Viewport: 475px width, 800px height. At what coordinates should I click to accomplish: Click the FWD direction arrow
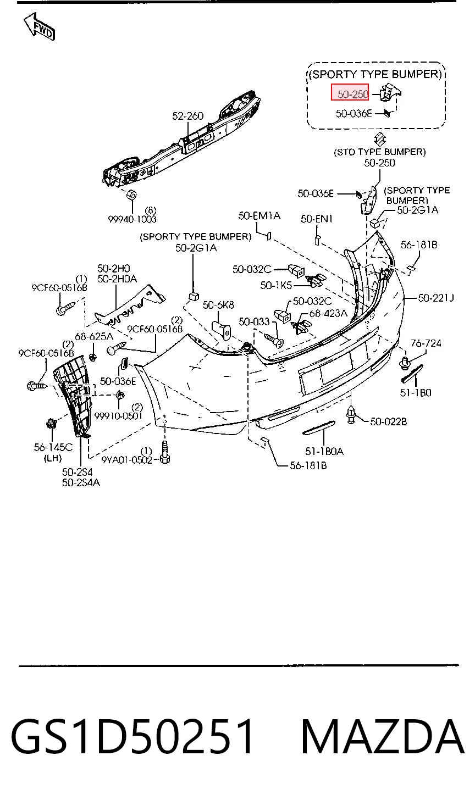(x=40, y=27)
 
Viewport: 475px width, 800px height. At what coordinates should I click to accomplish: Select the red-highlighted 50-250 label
(x=350, y=92)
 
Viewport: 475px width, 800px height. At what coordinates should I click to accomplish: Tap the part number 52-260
(x=187, y=116)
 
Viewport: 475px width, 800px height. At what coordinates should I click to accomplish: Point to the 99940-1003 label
(x=132, y=219)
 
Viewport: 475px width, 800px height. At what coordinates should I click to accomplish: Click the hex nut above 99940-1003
(x=131, y=195)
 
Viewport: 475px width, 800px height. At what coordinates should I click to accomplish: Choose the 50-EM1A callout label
(x=259, y=216)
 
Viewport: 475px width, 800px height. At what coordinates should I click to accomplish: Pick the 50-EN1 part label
(x=317, y=219)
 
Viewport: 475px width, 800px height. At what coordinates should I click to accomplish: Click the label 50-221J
(x=435, y=298)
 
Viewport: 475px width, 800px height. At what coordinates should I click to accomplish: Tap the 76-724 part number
(x=426, y=343)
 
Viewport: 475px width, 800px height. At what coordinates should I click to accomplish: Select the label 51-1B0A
(x=324, y=452)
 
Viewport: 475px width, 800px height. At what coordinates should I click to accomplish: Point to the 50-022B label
(x=389, y=422)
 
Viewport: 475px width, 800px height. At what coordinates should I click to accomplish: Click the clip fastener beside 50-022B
(x=351, y=414)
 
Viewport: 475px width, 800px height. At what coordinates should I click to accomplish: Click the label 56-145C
(x=53, y=447)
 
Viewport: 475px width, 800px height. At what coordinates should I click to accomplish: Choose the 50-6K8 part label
(x=218, y=305)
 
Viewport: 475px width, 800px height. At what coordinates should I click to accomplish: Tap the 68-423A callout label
(x=328, y=313)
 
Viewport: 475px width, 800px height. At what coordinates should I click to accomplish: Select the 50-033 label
(x=254, y=322)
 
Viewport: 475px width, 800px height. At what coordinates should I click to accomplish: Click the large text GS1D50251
(x=132, y=737)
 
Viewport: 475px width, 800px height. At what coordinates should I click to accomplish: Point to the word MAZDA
(x=383, y=737)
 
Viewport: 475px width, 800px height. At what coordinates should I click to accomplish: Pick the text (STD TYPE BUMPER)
(x=379, y=152)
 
